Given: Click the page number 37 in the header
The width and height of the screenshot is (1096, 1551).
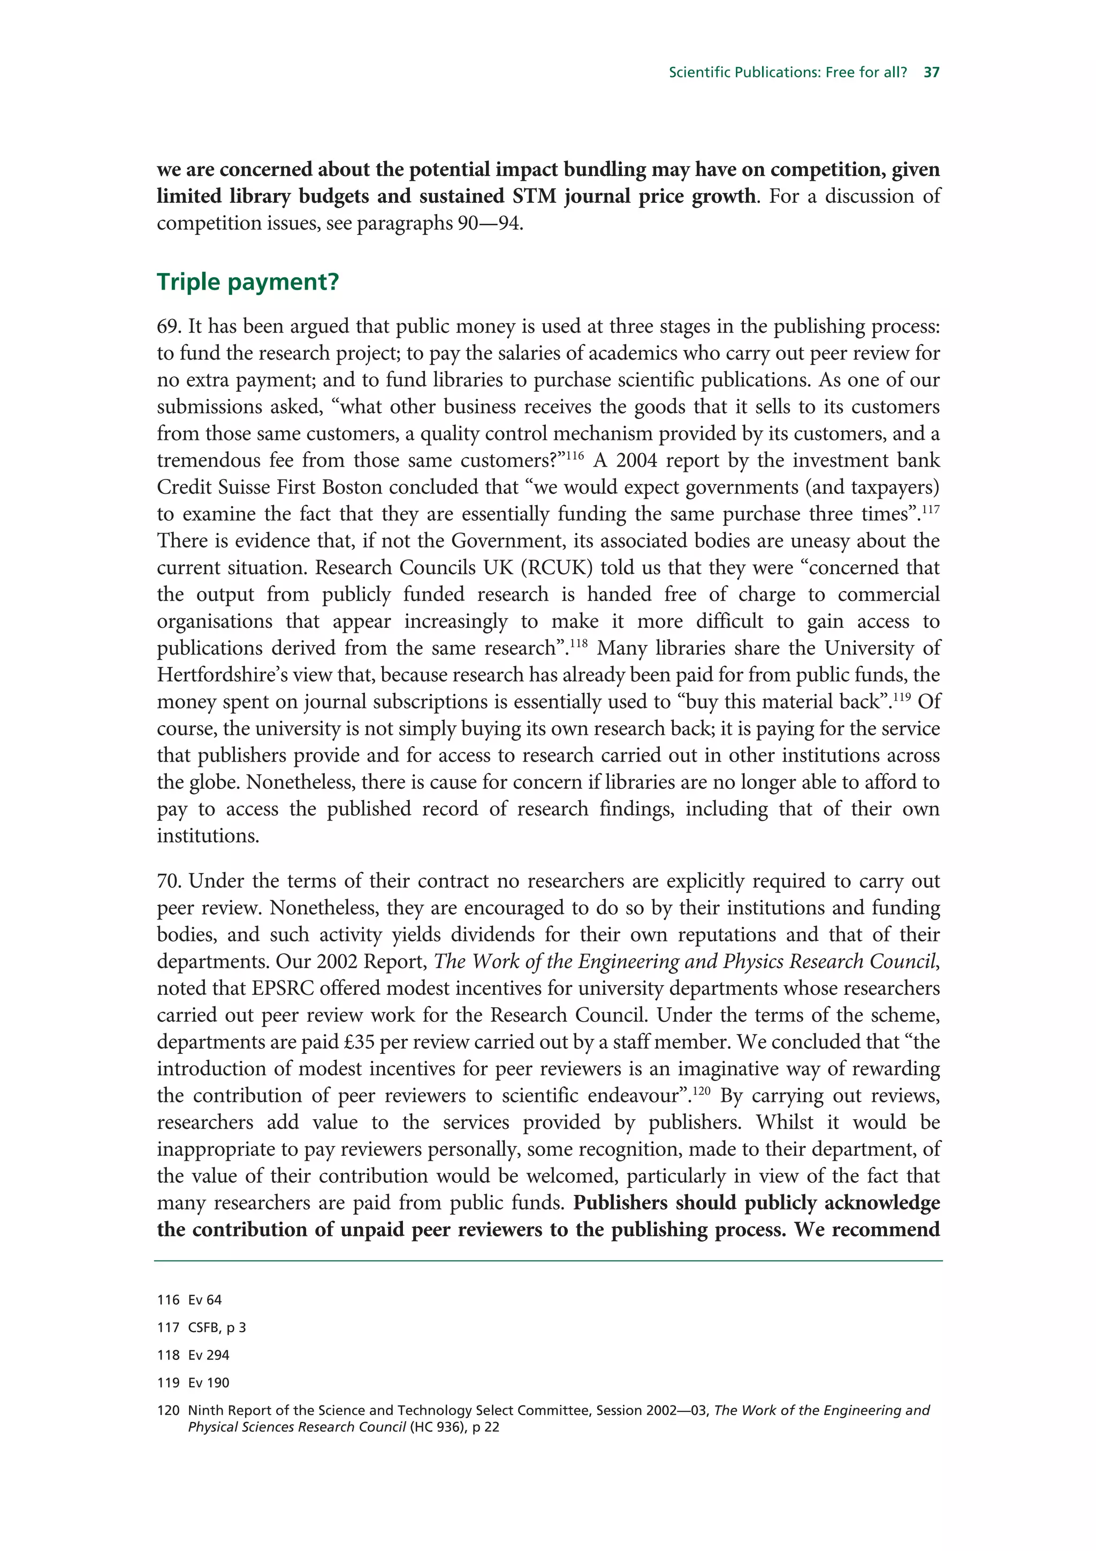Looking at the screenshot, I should coord(931,72).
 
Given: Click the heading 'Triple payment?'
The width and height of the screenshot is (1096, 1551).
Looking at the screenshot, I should coord(247,282).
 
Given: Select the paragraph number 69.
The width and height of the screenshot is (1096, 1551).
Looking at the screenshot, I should coord(169,327).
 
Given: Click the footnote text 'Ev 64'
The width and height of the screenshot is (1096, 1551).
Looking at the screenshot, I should coord(204,1299).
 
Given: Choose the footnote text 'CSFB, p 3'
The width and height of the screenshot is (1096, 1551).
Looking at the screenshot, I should coord(217,1327).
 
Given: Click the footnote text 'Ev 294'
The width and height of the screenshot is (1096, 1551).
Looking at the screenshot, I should coord(209,1355).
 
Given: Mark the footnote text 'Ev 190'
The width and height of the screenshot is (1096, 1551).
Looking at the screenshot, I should coord(209,1383).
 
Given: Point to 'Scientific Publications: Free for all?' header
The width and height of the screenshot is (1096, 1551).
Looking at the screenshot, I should coord(787,72).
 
